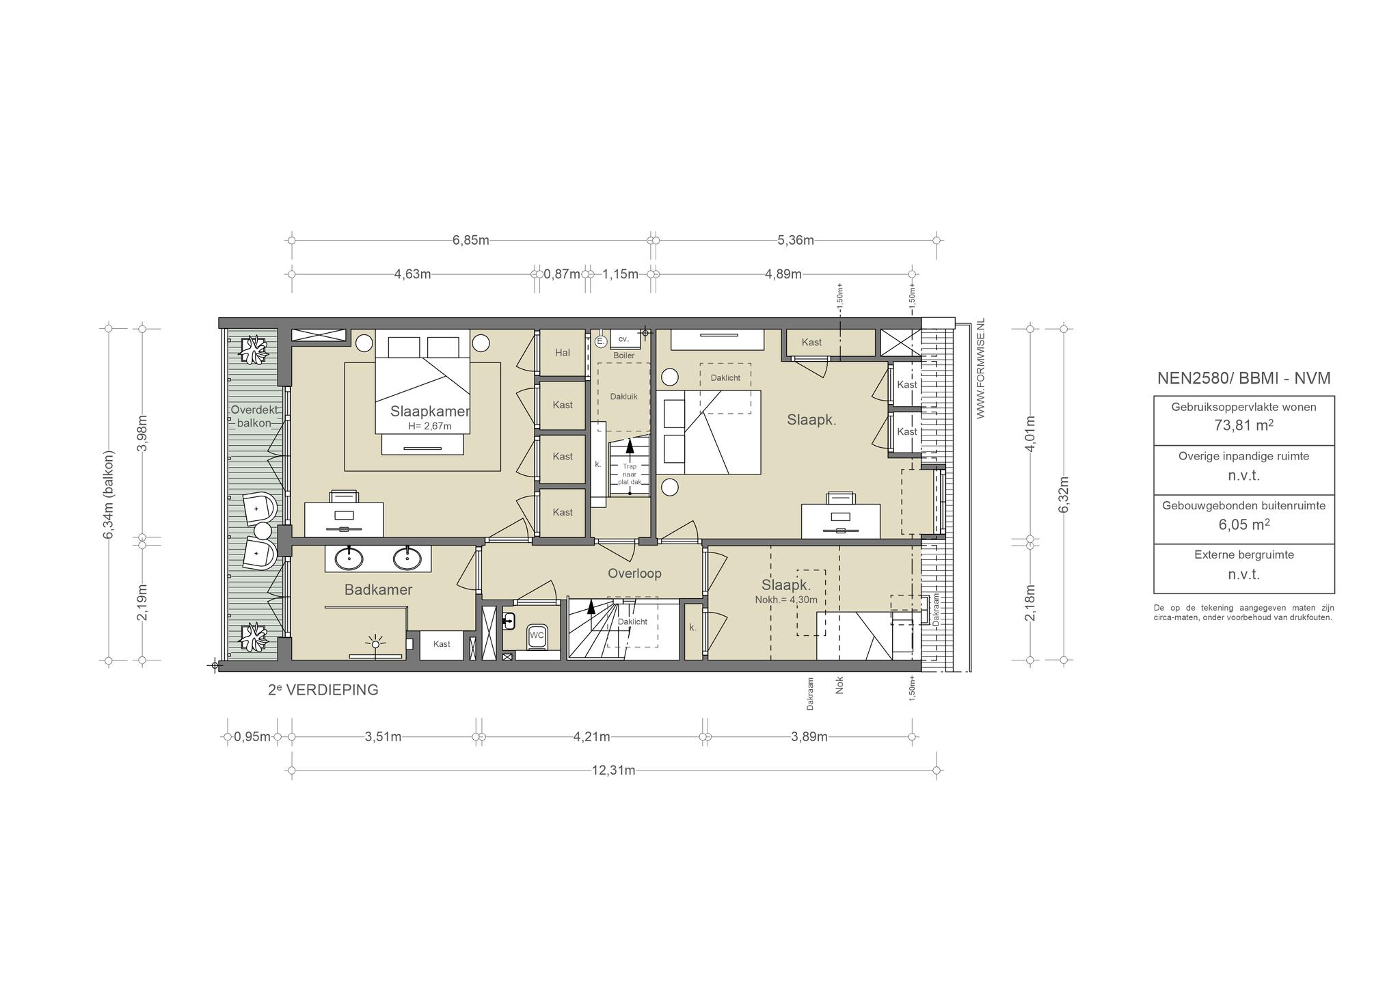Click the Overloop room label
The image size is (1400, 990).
(x=634, y=574)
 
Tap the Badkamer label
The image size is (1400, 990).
(x=378, y=590)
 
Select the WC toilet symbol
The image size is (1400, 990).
(x=537, y=636)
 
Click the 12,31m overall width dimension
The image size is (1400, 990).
(x=613, y=771)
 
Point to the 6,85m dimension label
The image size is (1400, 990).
(x=470, y=240)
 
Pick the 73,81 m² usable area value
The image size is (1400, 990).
(x=1243, y=425)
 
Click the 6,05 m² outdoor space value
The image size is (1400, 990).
(x=1243, y=524)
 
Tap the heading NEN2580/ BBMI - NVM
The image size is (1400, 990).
(x=1243, y=378)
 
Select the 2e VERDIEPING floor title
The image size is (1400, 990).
(x=323, y=690)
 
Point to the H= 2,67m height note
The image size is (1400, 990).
(x=429, y=426)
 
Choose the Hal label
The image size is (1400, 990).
(x=563, y=353)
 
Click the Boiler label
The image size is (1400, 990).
(x=623, y=356)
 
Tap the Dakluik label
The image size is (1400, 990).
(x=623, y=396)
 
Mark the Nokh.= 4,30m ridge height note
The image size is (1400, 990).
(x=786, y=600)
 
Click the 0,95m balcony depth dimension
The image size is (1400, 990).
(x=252, y=737)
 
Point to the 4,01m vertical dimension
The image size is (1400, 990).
(x=1031, y=433)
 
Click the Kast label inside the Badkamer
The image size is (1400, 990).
(x=442, y=644)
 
